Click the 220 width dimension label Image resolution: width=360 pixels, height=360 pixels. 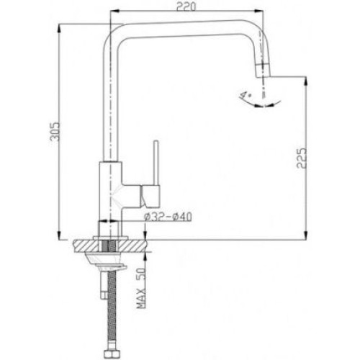[186, 6]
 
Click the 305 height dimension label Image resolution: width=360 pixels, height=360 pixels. [55, 135]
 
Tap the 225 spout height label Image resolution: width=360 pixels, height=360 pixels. [302, 158]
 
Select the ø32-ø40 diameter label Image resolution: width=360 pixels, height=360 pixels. [168, 217]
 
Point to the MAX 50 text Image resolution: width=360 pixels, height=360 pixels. [141, 288]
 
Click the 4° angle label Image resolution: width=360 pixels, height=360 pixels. [245, 95]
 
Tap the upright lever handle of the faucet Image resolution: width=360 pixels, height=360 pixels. [156, 163]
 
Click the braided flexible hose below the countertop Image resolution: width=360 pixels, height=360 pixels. [112, 310]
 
